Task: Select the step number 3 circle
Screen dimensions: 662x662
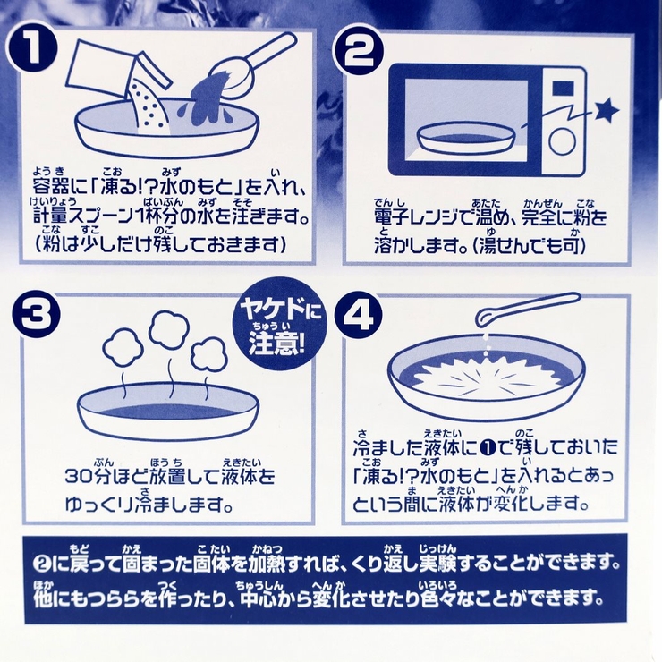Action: click(36, 315)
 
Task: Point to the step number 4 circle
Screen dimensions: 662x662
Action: click(358, 315)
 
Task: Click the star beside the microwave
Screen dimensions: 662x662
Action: click(606, 111)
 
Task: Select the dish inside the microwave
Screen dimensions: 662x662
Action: click(467, 139)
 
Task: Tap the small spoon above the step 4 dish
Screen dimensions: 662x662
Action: click(526, 309)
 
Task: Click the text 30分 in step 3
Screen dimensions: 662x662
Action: click(87, 476)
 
